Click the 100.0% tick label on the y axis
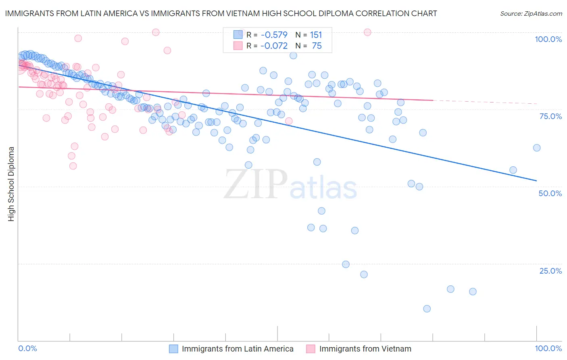tap(548, 39)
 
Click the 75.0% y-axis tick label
tap(550, 116)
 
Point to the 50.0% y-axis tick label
tap(550, 193)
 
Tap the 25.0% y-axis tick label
tap(550, 271)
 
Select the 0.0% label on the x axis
tap(27, 348)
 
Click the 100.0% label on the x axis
tap(548, 348)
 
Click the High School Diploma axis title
tap(11, 184)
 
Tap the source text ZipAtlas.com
tap(531, 13)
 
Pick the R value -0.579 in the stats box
tap(274, 35)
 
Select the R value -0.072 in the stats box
tap(274, 46)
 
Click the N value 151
tap(316, 35)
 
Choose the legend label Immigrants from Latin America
tap(238, 349)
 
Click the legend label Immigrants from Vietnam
tap(365, 349)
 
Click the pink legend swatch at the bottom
tap(310, 349)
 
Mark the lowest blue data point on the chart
tap(427, 309)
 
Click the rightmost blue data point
tap(536, 148)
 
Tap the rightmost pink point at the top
tap(367, 32)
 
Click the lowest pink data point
tap(73, 166)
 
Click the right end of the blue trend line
tap(536, 180)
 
